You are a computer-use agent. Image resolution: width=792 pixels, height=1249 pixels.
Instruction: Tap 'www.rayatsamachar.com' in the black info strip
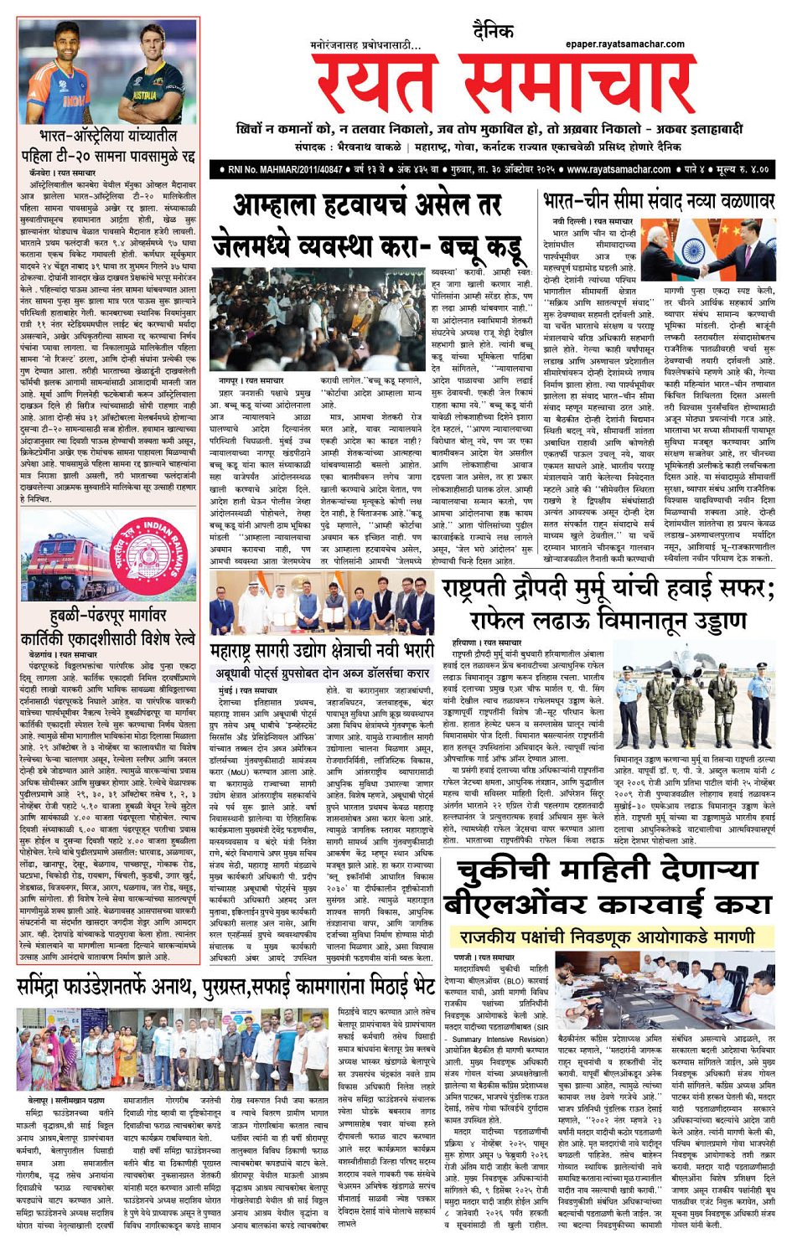[x=619, y=169]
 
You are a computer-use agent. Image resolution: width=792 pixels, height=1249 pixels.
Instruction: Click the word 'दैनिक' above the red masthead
[x=493, y=32]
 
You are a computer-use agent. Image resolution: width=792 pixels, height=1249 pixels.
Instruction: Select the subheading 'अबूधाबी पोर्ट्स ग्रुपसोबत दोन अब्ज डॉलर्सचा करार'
[x=323, y=673]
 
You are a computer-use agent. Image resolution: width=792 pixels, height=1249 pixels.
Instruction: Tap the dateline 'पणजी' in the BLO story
[x=463, y=956]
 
